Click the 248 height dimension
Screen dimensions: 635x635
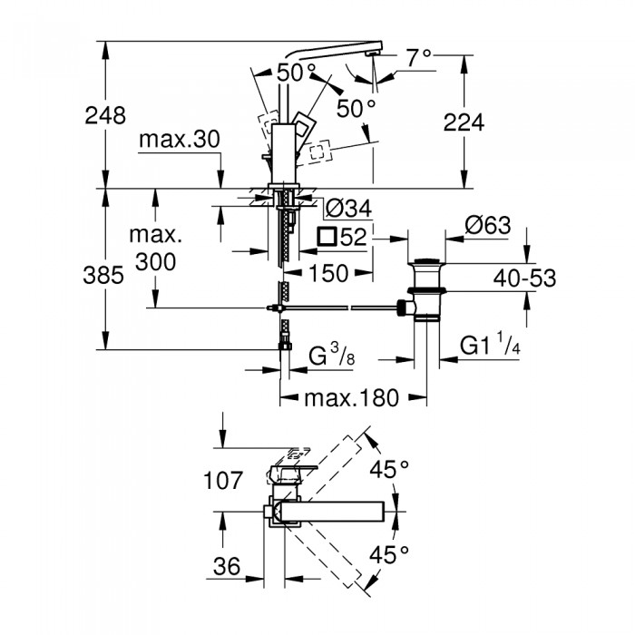tap(105, 115)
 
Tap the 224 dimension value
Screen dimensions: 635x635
tap(464, 122)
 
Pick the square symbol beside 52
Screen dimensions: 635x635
tap(327, 239)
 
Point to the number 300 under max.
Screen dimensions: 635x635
tap(155, 261)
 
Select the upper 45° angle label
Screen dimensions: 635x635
tap(392, 469)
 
